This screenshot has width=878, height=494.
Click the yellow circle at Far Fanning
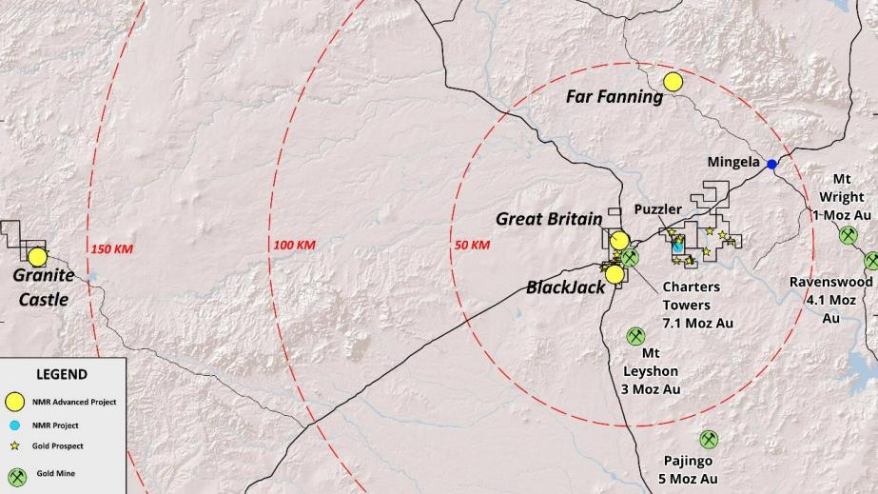click(673, 82)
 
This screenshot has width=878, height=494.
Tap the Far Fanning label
click(615, 96)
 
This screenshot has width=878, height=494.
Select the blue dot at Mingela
click(772, 164)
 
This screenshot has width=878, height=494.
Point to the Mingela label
click(733, 162)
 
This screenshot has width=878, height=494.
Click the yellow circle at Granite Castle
click(37, 256)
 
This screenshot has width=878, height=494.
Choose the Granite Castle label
click(43, 287)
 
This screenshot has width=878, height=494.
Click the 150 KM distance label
click(111, 249)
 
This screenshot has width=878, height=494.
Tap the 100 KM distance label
click(294, 246)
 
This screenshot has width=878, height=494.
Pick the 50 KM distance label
click(473, 246)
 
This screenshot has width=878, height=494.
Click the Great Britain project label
click(549, 219)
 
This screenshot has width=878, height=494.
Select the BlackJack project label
click(566, 287)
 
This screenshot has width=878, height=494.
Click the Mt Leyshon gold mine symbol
click(635, 336)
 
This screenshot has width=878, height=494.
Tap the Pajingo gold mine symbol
click(709, 439)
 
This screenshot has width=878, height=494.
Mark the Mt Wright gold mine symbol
click(849, 234)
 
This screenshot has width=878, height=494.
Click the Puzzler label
click(658, 209)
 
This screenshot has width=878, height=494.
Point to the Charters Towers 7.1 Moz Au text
click(692, 305)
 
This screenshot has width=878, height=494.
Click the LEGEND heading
click(62, 374)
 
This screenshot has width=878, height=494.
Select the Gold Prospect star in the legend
click(14, 445)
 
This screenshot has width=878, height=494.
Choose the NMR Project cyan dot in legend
click(14, 425)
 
